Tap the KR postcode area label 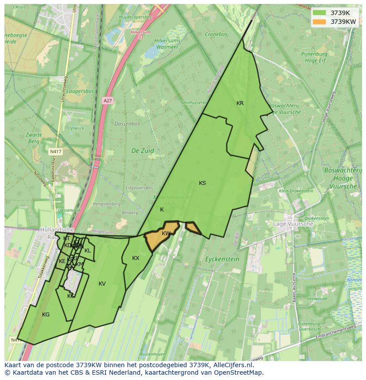[240, 103]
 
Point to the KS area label [202, 183]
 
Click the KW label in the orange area [166, 233]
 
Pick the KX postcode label [136, 258]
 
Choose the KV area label [102, 284]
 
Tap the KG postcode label [46, 315]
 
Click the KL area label [88, 251]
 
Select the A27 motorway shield [107, 101]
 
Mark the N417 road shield [56, 151]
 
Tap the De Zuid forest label [143, 150]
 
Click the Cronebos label [216, 34]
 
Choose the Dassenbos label [127, 124]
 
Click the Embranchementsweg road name [335, 334]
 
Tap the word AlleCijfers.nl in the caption [238, 365]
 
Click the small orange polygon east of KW [193, 228]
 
